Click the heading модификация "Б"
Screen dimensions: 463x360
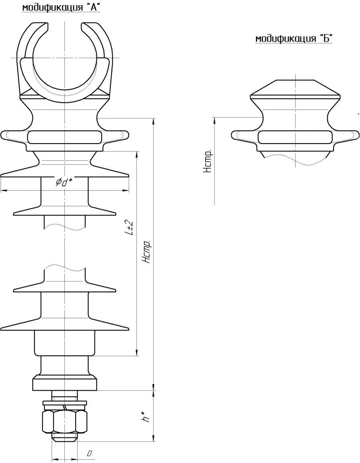294,38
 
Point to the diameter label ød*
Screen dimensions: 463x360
64,183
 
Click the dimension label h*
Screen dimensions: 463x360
147,415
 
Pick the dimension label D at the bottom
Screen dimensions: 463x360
90,453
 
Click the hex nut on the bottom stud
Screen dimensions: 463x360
64,421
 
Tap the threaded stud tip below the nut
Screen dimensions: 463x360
64,437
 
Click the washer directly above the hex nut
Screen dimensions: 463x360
64,402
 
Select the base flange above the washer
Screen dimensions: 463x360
64,383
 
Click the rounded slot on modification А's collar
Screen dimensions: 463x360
64,137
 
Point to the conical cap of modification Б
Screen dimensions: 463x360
295,89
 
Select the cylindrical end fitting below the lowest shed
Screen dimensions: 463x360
64,343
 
